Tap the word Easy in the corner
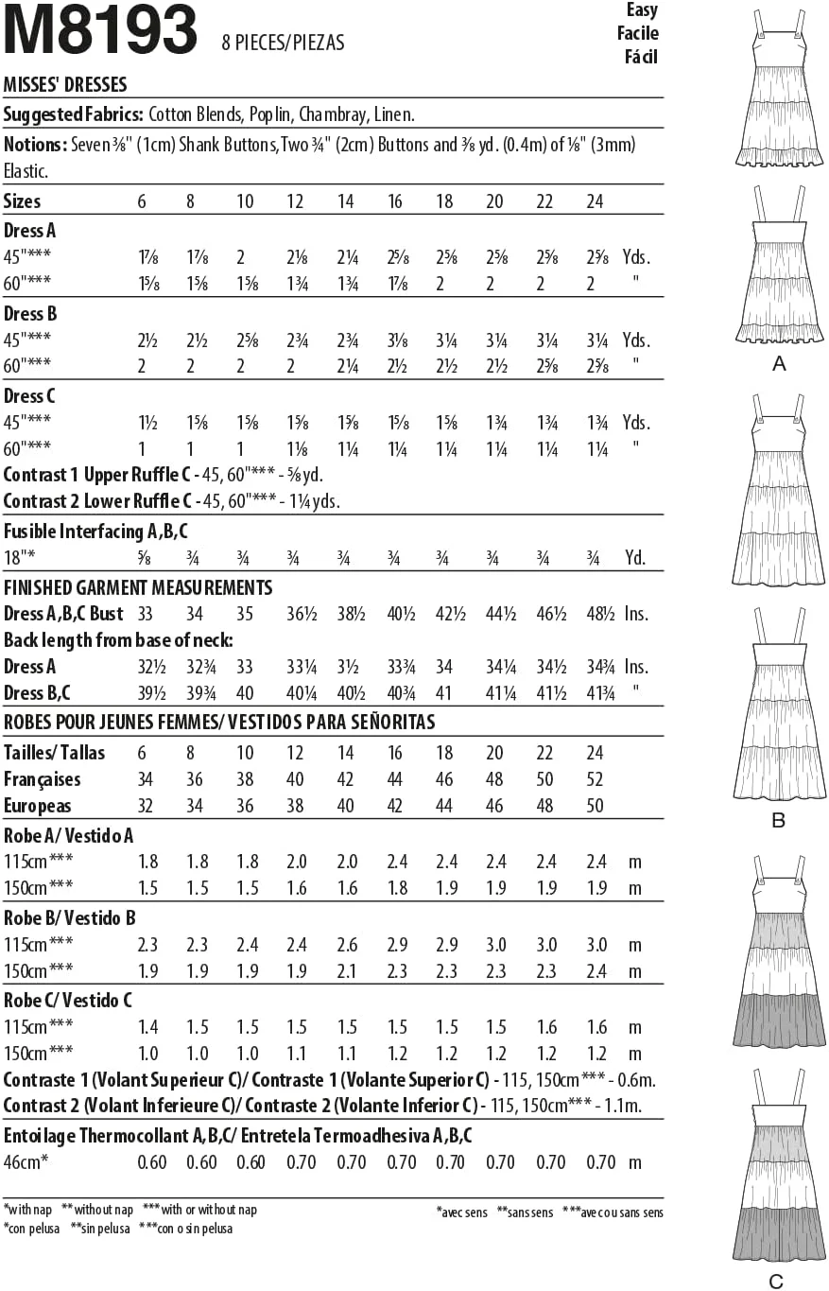tap(642, 10)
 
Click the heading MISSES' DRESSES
tap(65, 85)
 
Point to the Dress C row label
tap(29, 395)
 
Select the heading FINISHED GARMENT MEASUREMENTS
tap(138, 587)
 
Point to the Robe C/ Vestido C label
tap(67, 1000)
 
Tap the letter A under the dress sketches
tap(779, 364)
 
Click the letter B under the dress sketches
tap(778, 820)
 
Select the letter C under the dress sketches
tap(776, 1282)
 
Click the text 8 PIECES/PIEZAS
tap(283, 43)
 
